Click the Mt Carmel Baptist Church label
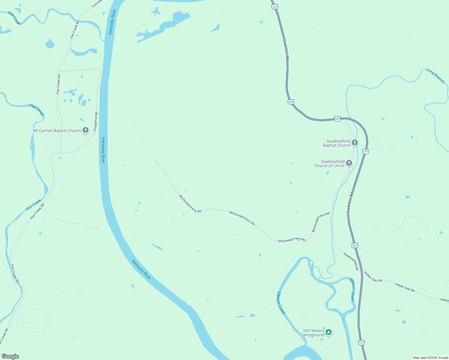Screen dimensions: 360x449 (57, 130)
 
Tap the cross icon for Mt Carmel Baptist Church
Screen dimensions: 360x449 (86, 130)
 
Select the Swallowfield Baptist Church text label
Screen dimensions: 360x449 (336, 143)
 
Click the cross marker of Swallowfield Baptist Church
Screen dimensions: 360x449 (355, 142)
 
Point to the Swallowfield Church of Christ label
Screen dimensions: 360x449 (329, 163)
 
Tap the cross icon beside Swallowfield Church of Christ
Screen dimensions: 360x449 (349, 163)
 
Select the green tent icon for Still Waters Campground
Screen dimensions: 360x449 (329, 332)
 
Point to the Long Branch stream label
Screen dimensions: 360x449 (435, 76)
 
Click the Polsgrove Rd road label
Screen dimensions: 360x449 (96, 121)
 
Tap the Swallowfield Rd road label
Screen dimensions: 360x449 (351, 261)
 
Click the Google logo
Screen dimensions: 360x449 (10, 356)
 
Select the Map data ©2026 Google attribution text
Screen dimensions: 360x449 (430, 358)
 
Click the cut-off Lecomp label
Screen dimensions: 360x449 (97, 3)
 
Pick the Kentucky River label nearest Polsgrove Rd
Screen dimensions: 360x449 (103, 150)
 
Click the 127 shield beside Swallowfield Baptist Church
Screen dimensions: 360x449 (365, 151)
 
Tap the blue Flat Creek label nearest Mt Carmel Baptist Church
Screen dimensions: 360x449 (37, 110)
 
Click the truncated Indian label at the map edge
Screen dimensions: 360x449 (444, 300)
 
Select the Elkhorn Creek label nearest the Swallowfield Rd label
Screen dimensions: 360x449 (352, 289)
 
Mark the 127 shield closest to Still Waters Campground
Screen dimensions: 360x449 (362, 342)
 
